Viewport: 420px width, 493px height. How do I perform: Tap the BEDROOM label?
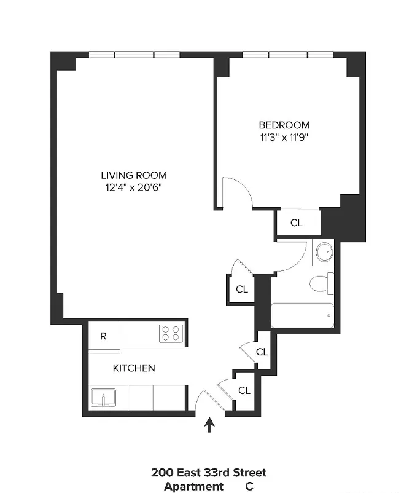pos(284,125)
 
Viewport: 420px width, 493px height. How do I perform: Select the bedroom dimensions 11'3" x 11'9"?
pos(284,137)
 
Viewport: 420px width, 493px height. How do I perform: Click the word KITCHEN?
pos(133,368)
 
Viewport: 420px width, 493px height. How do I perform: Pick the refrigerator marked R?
pos(104,336)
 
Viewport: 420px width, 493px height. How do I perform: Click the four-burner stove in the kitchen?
pos(172,334)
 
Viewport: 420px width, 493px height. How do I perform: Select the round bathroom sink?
pos(323,252)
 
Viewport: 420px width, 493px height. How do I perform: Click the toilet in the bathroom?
pos(321,283)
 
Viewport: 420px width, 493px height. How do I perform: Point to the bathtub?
pos(302,315)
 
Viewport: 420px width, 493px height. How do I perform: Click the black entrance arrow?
pos(210,425)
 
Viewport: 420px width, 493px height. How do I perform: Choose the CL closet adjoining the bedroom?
pos(297,223)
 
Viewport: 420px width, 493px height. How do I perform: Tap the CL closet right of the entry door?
pos(244,390)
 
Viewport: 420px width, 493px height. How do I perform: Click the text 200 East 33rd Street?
pos(209,473)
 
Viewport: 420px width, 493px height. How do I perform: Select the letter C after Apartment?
pos(249,486)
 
